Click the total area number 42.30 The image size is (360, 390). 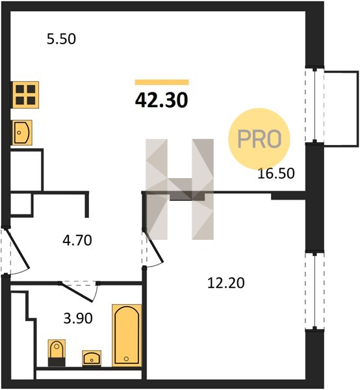[x=162, y=100]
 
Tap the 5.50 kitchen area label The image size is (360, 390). [x=61, y=39]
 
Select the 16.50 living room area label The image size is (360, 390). [x=276, y=174]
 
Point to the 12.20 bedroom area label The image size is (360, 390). [x=225, y=283]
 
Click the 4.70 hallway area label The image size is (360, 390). [x=77, y=240]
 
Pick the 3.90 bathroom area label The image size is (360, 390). [x=78, y=318]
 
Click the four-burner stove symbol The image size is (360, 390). [x=25, y=95]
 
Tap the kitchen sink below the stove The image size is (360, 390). [x=22, y=133]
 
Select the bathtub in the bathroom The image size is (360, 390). [x=127, y=335]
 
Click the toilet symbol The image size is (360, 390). [x=57, y=353]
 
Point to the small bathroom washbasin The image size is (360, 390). [x=92, y=358]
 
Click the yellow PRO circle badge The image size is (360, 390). [x=259, y=139]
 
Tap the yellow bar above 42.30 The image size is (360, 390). [x=162, y=82]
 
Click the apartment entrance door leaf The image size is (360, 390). [x=18, y=249]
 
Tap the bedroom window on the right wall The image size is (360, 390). [x=315, y=291]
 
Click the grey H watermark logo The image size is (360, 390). [x=179, y=189]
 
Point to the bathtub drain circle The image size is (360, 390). [x=126, y=359]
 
